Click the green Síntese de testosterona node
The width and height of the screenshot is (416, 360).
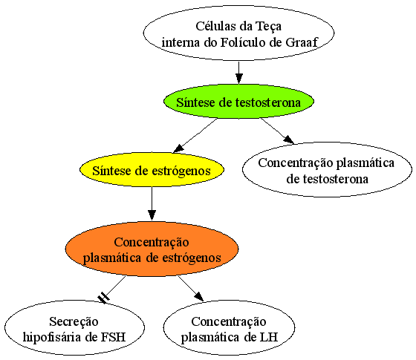tap(238, 101)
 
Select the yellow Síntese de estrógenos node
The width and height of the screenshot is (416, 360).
tap(152, 170)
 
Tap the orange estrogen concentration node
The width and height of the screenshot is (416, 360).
tap(152, 249)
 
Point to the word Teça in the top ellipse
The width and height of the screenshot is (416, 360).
tap(268, 27)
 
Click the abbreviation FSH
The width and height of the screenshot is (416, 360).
tap(113, 337)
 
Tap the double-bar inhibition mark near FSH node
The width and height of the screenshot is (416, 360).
tap(103, 298)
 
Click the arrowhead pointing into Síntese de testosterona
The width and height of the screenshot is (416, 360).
tap(238, 79)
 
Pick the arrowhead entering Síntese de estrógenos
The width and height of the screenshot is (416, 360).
tap(178, 148)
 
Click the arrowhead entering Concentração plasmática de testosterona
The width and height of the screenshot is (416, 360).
tap(289, 140)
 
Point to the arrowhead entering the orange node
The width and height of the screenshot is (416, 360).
tap(152, 215)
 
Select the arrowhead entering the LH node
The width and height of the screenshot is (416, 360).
tap(199, 297)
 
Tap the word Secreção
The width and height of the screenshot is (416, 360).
tap(74, 322)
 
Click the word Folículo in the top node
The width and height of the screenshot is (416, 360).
tap(244, 42)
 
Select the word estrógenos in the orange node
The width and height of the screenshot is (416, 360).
tap(192, 258)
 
